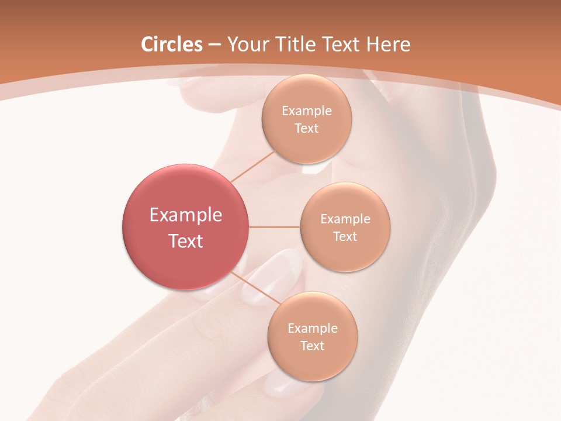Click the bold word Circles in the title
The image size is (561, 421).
point(172,44)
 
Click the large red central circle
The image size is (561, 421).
point(186,227)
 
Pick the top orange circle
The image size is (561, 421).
point(306,119)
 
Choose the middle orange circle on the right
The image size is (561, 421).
point(345,227)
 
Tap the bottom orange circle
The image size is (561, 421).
point(312,336)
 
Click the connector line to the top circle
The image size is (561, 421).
point(252,166)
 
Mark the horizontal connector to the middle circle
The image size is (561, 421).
point(274,227)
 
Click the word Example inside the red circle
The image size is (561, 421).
point(186,215)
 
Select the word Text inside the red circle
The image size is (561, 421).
point(186,241)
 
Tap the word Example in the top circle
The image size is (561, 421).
point(306,111)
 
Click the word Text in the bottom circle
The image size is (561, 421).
point(312,346)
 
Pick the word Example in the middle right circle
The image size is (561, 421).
point(345,219)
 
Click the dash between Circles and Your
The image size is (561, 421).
point(214,45)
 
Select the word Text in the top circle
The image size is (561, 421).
point(306,128)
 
